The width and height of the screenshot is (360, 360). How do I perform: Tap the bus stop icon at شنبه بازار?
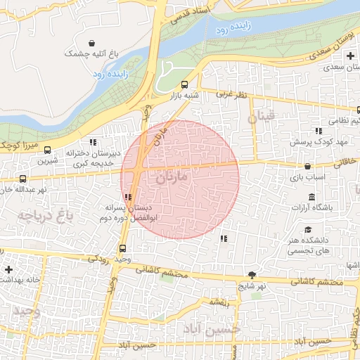[x=184, y=84]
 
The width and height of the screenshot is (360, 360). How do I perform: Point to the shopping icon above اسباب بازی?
[x=309, y=167]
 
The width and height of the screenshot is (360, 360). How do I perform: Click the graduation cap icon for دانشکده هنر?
[x=309, y=230]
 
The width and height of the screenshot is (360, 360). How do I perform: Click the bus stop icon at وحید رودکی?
[x=123, y=247]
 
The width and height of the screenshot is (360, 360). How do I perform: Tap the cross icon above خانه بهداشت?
[x=8, y=269]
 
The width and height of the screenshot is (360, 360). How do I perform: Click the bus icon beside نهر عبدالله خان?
[x=22, y=179]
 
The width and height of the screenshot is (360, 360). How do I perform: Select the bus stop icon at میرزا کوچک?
[x=47, y=150]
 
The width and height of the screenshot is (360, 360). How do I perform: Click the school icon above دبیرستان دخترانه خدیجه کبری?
[x=93, y=142]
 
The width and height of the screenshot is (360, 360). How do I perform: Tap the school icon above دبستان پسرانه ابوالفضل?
[x=127, y=197]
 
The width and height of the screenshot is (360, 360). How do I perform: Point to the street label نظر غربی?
[x=232, y=94]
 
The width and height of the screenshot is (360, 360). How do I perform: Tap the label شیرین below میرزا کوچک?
[x=46, y=161]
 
